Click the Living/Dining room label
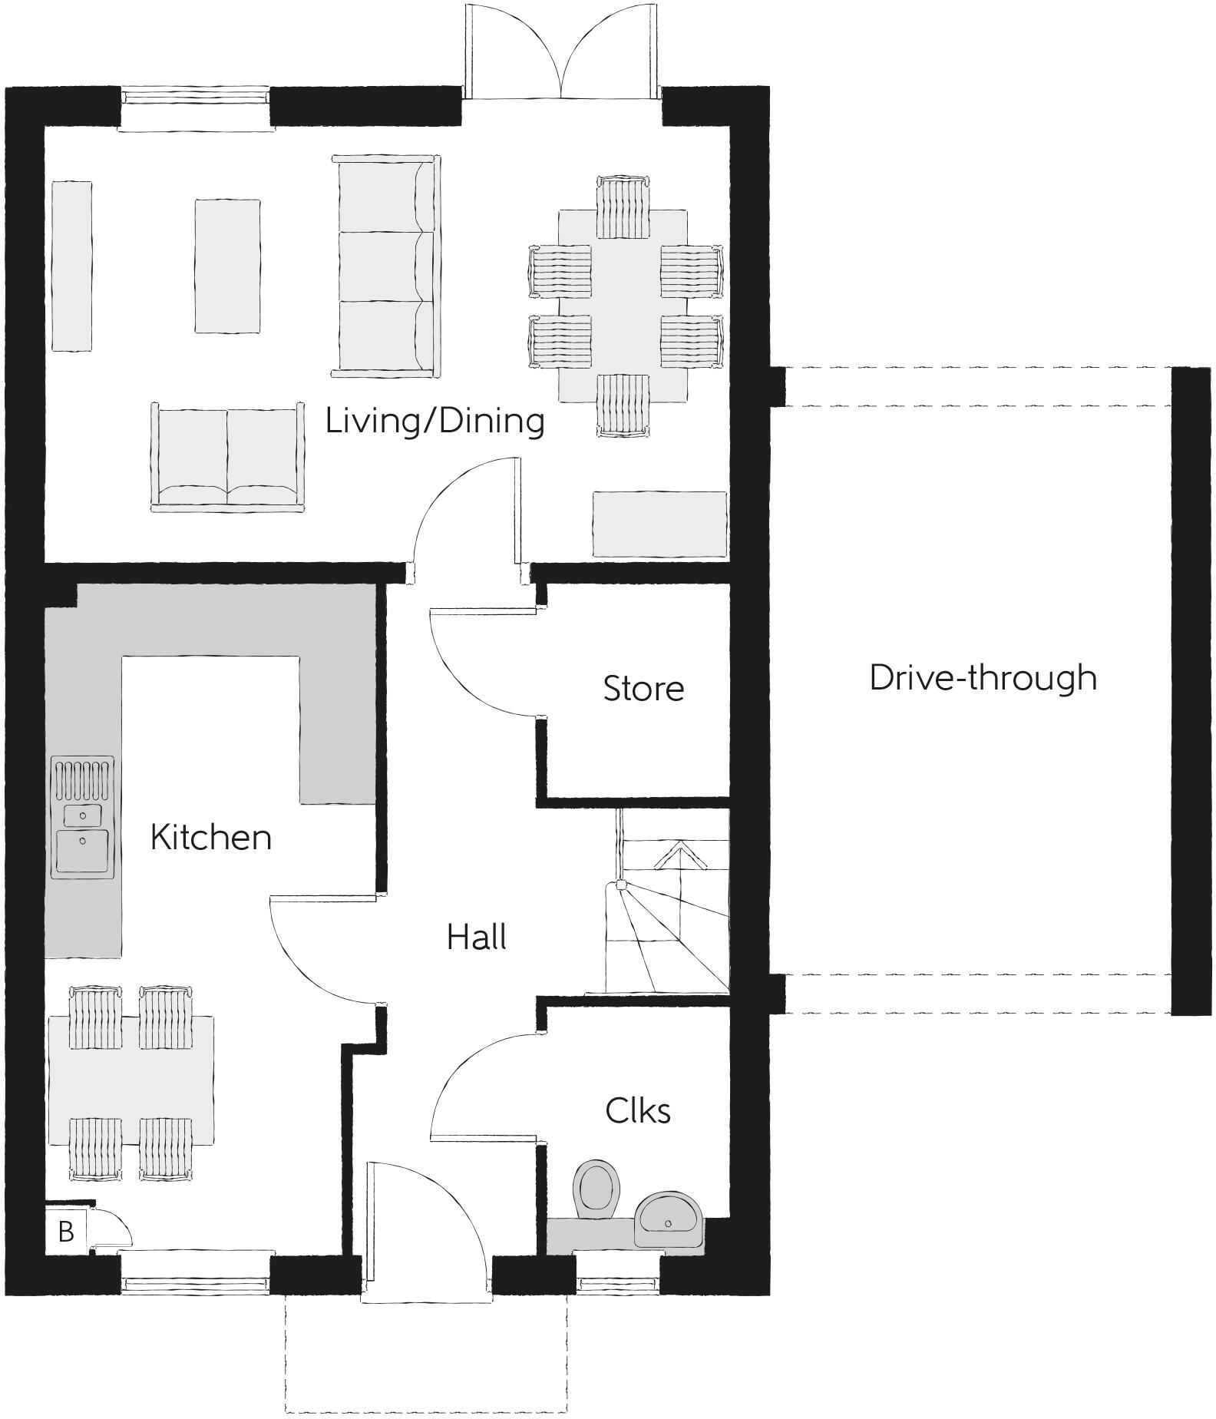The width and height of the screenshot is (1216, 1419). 435,421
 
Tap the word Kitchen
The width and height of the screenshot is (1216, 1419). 211,837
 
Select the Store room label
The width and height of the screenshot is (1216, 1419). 643,689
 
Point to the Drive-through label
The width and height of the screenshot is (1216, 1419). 983,677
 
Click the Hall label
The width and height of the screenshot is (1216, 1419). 476,938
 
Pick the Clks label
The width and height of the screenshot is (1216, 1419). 637,1111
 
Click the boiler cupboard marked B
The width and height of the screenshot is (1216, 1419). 66,1232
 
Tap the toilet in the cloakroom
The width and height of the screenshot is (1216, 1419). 596,1191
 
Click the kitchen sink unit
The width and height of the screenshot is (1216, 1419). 82,817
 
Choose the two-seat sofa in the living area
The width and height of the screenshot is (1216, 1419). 227,457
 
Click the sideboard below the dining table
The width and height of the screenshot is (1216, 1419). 659,524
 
